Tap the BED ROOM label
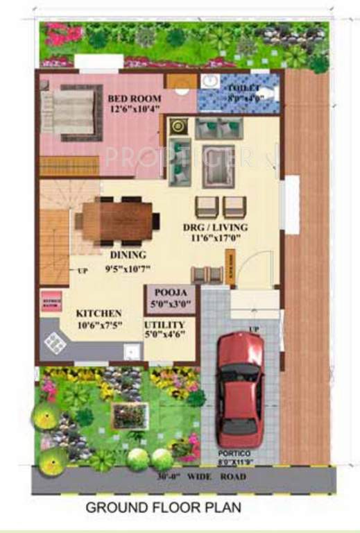[x=135, y=98]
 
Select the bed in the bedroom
[x=72, y=112]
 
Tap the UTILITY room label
[x=164, y=325]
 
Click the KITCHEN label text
[x=98, y=314]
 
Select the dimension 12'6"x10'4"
[x=135, y=108]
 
